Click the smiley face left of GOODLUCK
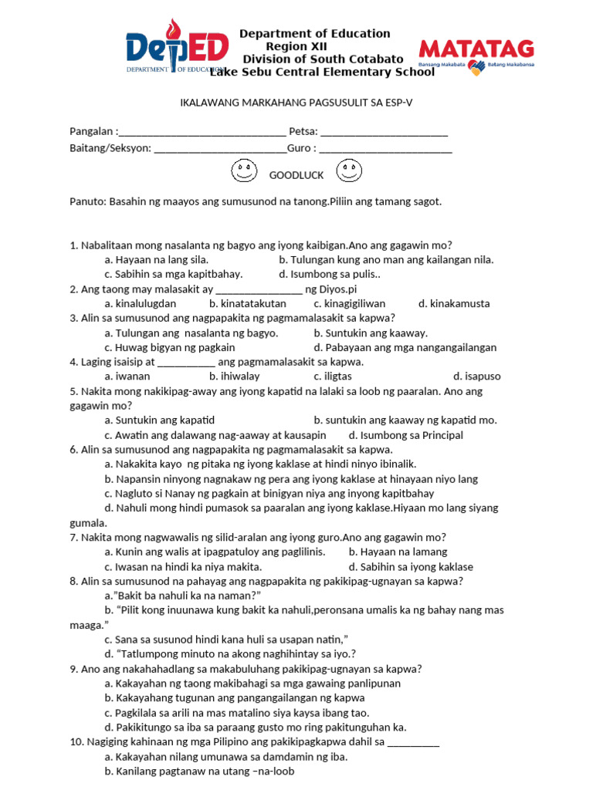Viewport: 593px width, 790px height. pyautogui.click(x=243, y=171)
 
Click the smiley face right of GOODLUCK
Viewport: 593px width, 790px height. pyautogui.click(x=348, y=171)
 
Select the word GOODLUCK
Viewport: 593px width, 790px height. pyautogui.click(x=296, y=175)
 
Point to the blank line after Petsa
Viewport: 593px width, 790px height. pyautogui.click(x=384, y=132)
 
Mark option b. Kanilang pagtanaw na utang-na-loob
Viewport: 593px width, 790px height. pyautogui.click(x=199, y=771)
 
